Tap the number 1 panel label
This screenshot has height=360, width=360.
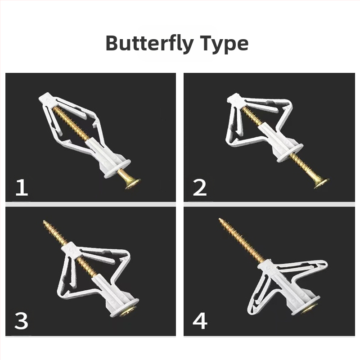pos(22,188)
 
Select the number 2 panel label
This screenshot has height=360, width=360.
pos(200,188)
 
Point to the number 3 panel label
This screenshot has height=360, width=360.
pos(21,320)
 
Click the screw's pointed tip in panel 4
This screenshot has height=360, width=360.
pos(219,219)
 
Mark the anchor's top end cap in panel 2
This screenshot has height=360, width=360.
pos(237,99)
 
